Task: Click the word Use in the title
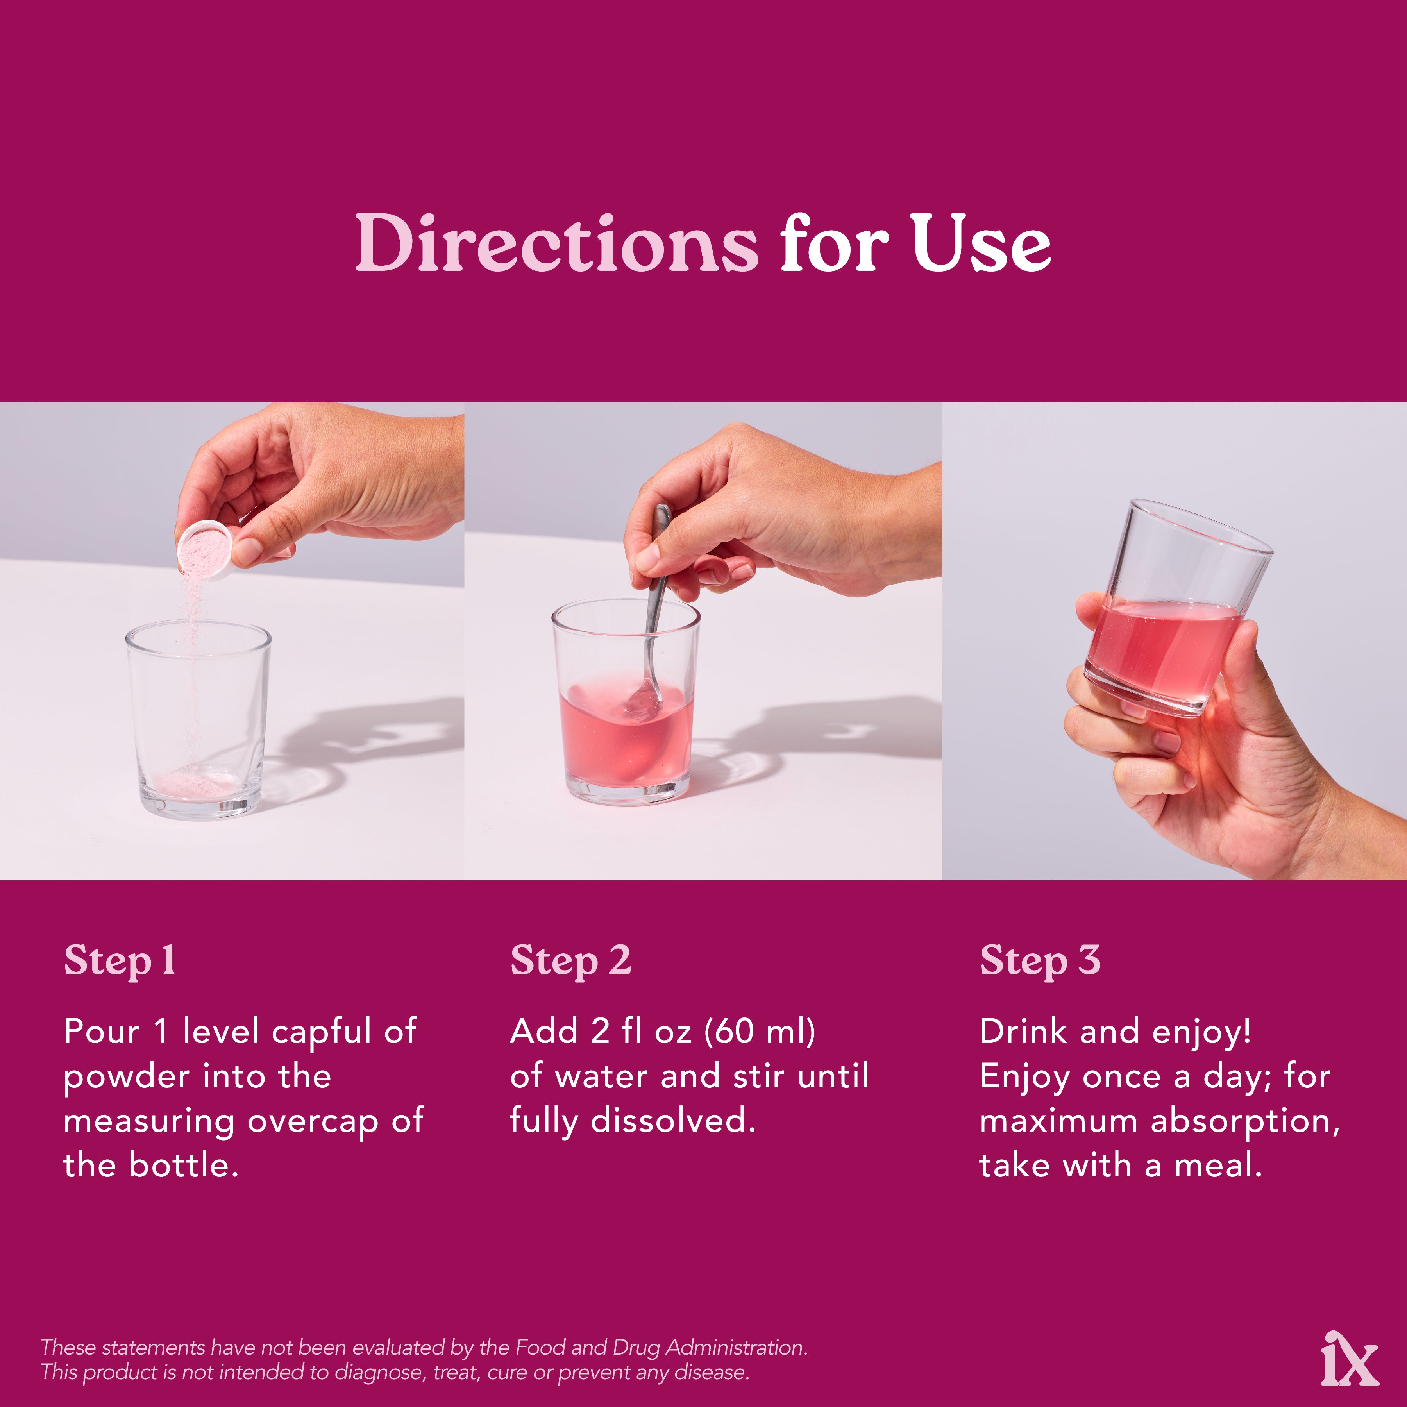981,243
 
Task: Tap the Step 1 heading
120,961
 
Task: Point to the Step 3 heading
1040,961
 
